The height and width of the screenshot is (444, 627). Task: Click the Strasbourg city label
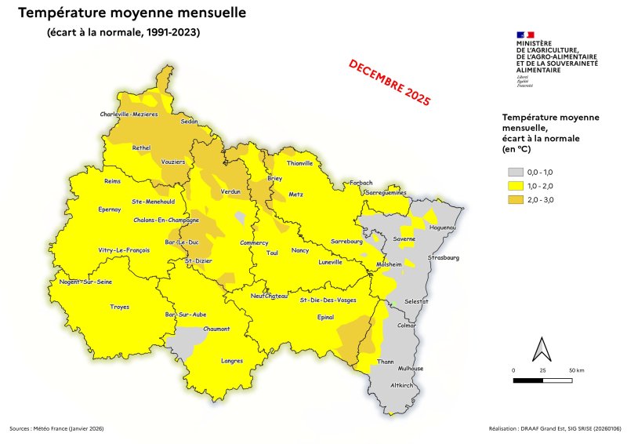click(444, 258)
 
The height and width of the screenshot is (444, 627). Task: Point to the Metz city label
click(296, 194)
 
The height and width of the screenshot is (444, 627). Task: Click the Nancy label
click(300, 250)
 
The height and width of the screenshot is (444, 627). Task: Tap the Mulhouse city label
click(411, 369)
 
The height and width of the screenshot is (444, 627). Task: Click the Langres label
click(233, 361)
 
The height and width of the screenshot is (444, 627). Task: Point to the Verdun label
click(230, 191)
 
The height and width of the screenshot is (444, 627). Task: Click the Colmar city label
click(408, 325)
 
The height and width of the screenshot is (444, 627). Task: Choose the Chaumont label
click(216, 329)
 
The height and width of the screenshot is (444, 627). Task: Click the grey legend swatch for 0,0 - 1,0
click(514, 172)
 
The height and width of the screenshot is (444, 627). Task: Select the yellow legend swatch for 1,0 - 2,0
click(514, 186)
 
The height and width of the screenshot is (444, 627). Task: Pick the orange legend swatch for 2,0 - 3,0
click(514, 200)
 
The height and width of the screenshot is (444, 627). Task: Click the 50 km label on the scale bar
click(576, 369)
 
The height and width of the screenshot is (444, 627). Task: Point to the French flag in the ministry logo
click(524, 35)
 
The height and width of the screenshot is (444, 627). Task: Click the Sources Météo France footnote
click(56, 429)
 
